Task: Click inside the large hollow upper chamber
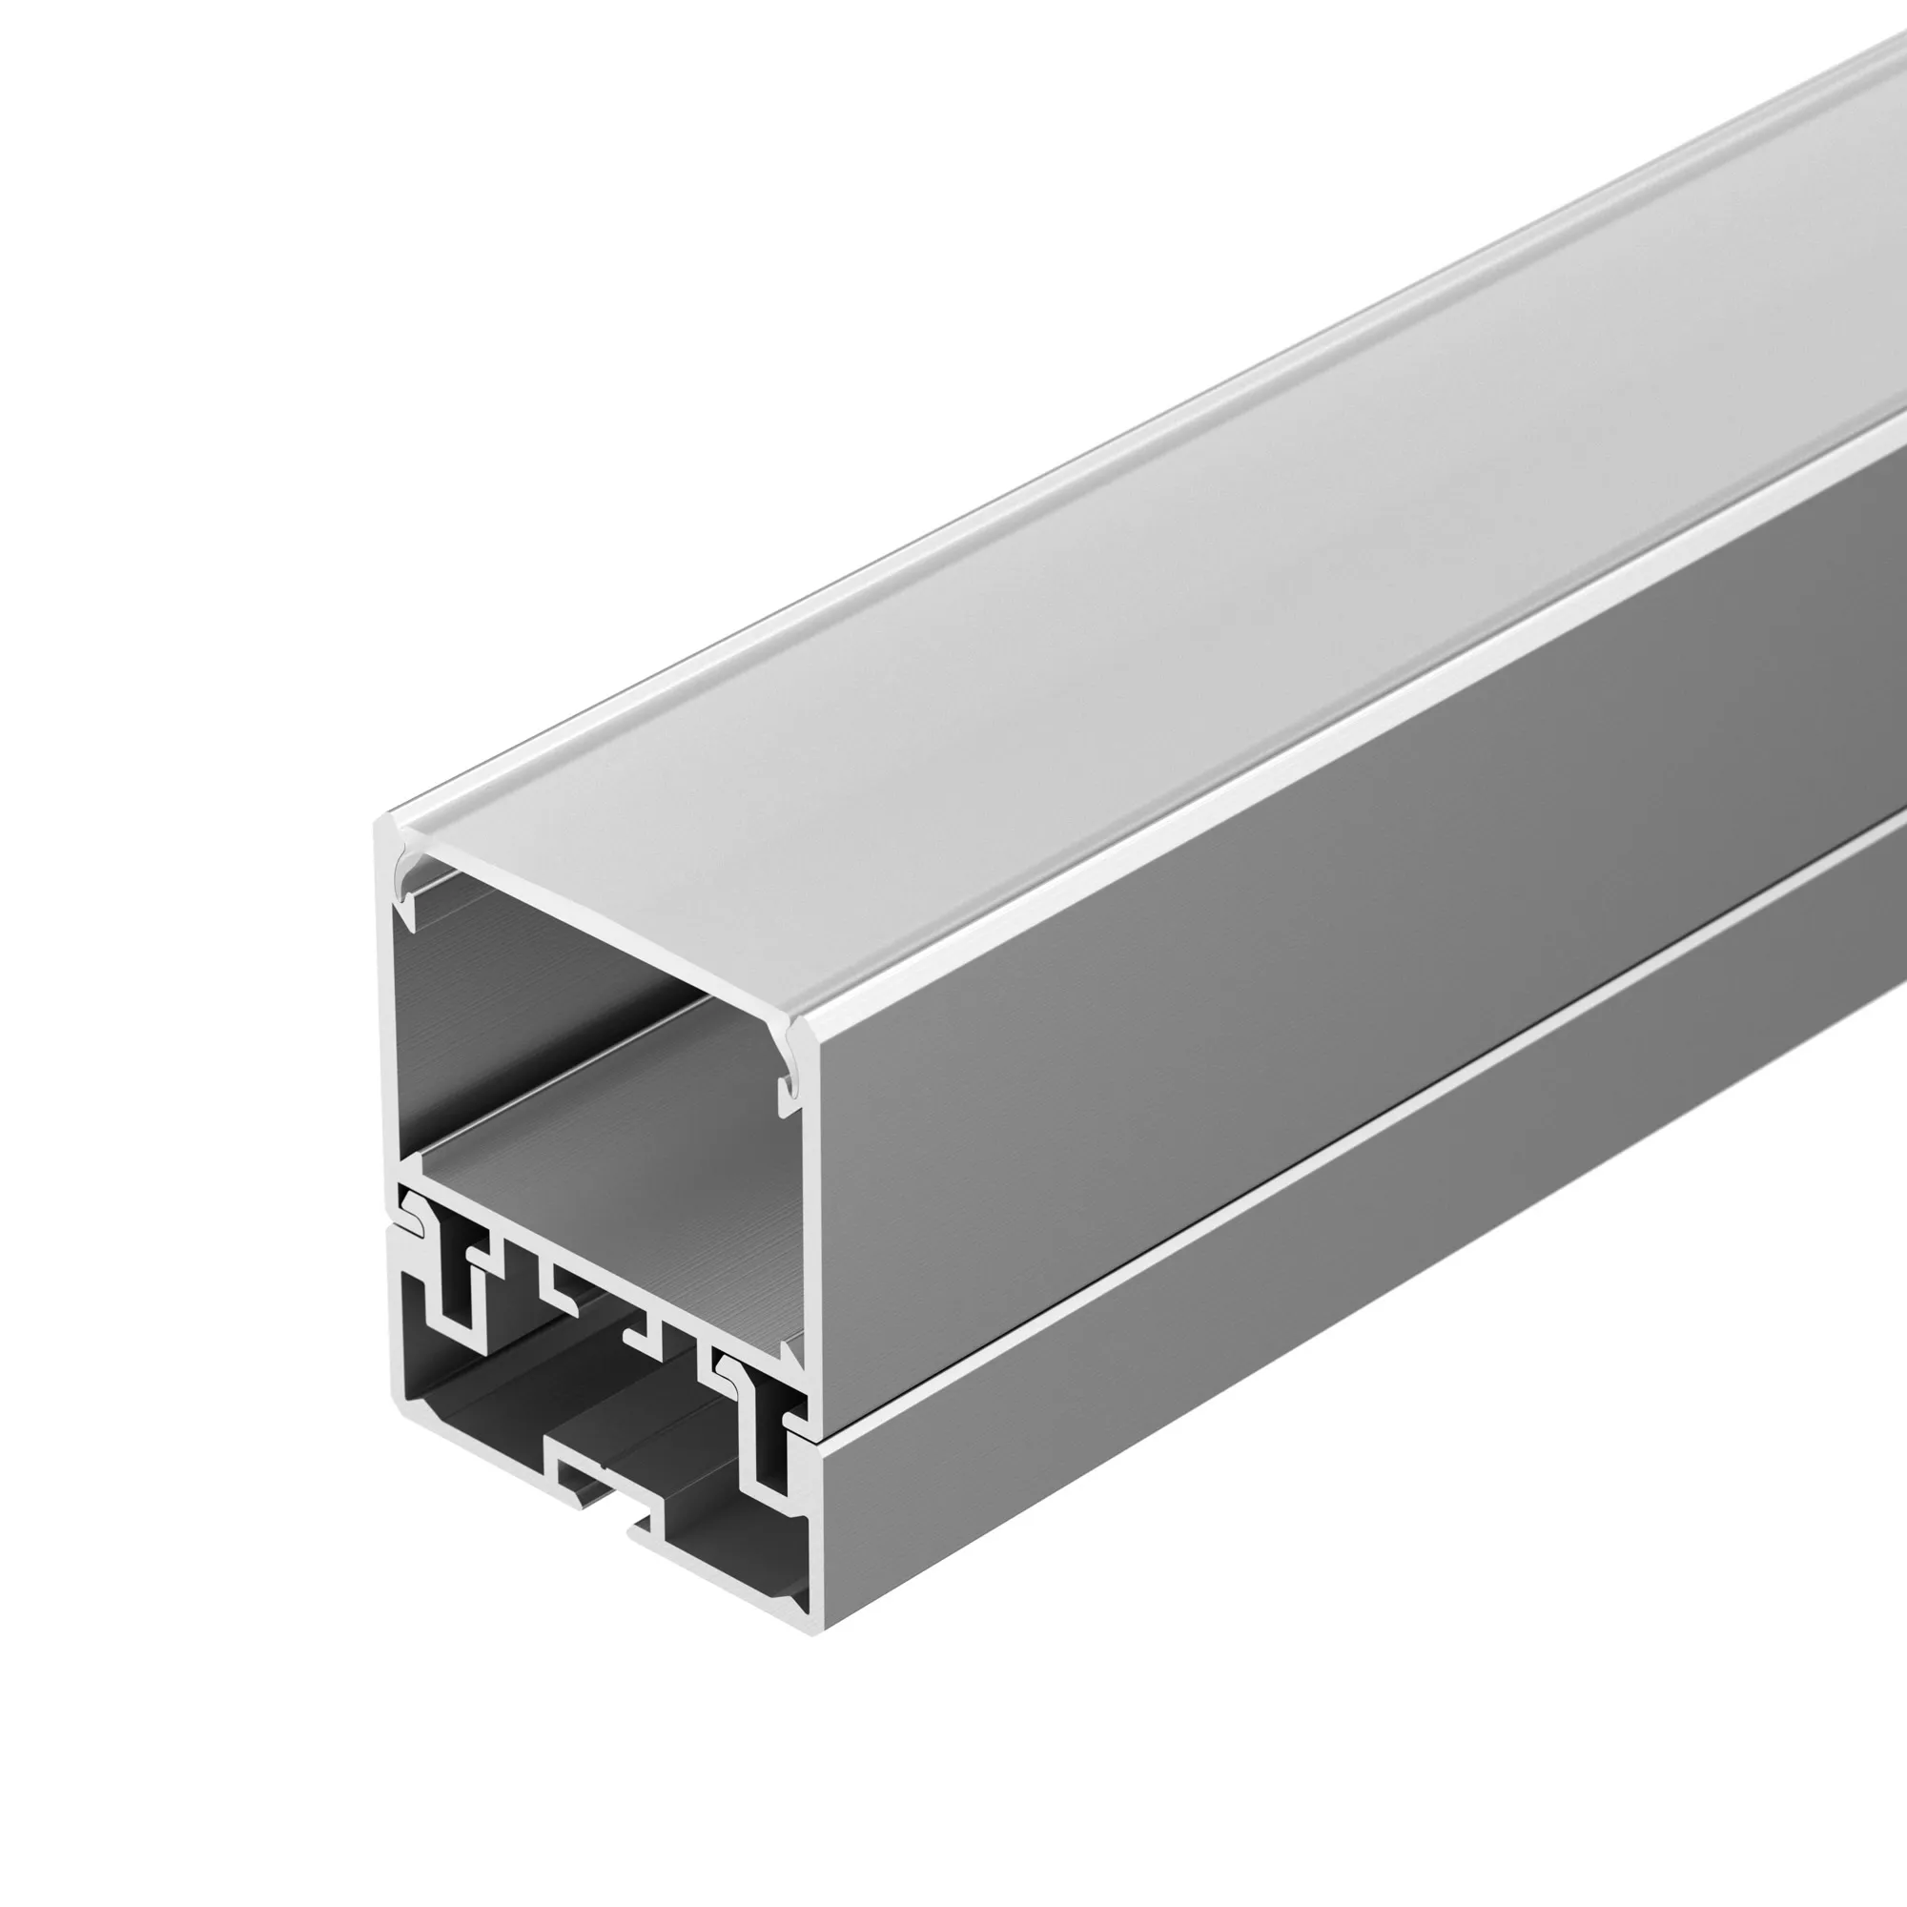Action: click(x=592, y=1036)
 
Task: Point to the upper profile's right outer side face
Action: click(x=1283, y=987)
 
